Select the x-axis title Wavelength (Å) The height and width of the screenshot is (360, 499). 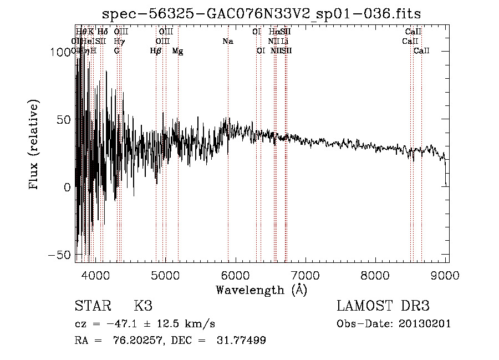point(261,290)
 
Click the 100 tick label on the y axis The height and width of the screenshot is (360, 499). point(59,52)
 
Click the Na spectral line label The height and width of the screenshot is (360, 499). point(227,42)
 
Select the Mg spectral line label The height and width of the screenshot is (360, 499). point(177,51)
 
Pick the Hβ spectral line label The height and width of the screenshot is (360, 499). point(156,51)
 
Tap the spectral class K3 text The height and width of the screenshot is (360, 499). point(143,306)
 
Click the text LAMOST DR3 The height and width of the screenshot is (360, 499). point(383,306)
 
